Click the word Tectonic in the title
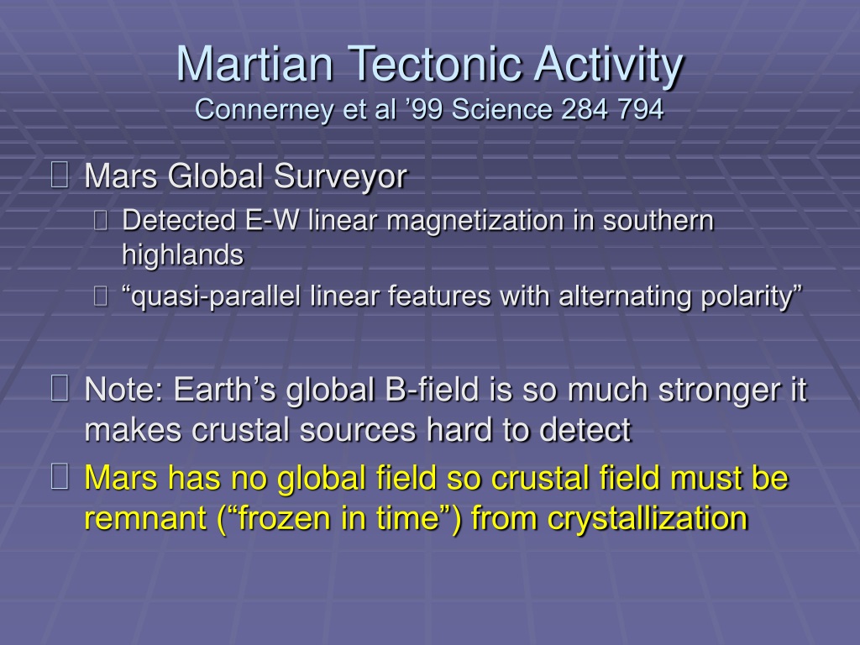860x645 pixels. point(436,64)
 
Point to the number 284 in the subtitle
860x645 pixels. point(585,109)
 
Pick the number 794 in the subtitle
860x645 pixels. point(641,109)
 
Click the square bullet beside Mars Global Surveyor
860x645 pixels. point(60,175)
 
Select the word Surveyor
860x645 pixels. point(341,177)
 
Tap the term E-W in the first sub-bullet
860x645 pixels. point(273,221)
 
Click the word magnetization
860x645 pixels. point(475,222)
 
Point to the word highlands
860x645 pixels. point(182,255)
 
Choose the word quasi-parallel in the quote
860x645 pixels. point(211,297)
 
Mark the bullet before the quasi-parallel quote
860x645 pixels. point(101,296)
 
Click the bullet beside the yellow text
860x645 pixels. point(60,475)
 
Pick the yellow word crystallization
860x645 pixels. point(648,519)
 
